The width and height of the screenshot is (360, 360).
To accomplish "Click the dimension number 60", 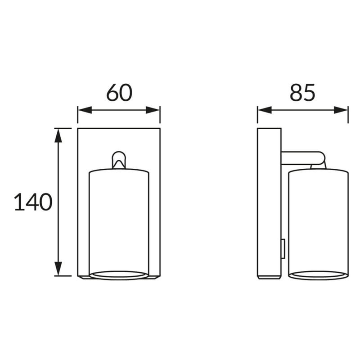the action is tap(119, 93).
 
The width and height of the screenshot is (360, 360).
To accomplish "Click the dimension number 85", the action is tap(302, 93).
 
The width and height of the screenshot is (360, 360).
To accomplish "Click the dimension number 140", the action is tap(33, 202).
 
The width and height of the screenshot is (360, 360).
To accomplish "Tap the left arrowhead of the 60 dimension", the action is tap(85, 110).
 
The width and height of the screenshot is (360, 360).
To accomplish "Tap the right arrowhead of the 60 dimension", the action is tap(153, 110).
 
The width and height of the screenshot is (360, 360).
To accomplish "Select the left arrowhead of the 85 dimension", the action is tap(265, 110).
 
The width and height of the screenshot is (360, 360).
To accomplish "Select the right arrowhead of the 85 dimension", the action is tap(341, 110).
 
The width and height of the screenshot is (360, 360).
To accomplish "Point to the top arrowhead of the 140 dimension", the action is tap(58, 136).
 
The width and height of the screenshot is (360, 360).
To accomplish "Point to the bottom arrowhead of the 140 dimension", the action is tap(58, 268).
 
